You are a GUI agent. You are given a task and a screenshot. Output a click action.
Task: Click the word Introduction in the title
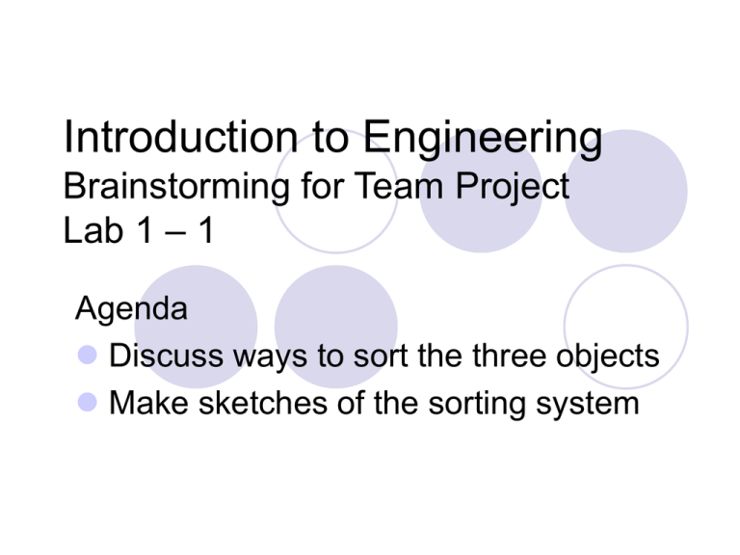coord(181,137)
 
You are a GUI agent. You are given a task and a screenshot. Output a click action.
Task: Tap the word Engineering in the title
coord(483,139)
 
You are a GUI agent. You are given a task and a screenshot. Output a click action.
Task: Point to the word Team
coord(398,185)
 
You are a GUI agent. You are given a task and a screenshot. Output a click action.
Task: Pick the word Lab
coord(93,230)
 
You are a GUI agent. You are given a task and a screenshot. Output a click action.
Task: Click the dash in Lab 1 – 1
coord(175,232)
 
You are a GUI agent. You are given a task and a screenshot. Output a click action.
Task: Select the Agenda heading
coord(131,309)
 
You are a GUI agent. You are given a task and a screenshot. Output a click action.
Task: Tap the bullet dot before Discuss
coord(88,355)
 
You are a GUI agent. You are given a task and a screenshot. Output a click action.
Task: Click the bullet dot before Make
coord(88,403)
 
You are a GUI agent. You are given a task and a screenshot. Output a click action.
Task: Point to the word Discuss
coord(166,356)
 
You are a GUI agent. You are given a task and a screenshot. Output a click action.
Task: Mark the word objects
coord(607,357)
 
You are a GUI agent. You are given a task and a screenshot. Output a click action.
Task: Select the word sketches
coord(263,403)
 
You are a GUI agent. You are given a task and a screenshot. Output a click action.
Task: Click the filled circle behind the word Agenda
coord(196,327)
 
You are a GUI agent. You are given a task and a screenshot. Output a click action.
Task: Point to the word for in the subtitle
coord(322,185)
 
